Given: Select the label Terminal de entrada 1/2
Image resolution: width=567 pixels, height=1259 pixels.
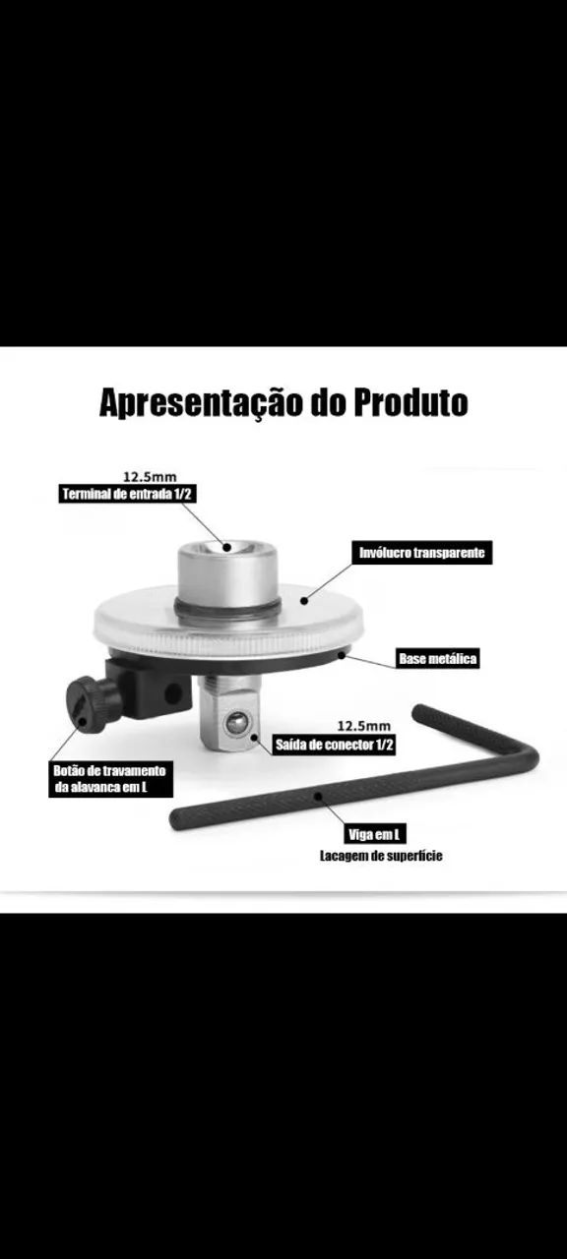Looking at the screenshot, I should pyautogui.click(x=127, y=494).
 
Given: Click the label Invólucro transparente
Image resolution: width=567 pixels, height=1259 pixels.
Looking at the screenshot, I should pyautogui.click(x=421, y=554).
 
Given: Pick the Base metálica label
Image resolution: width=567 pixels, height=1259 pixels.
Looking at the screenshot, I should pyautogui.click(x=437, y=658).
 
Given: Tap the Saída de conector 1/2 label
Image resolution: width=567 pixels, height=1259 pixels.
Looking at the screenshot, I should pyautogui.click(x=334, y=745).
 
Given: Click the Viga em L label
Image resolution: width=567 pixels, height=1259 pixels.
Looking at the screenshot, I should pyautogui.click(x=375, y=835).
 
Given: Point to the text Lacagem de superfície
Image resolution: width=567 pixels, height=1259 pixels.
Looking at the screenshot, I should pyautogui.click(x=381, y=857).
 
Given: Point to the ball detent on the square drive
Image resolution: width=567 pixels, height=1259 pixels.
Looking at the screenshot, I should pyautogui.click(x=234, y=724).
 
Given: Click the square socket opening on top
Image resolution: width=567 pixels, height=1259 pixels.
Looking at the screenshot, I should pyautogui.click(x=227, y=546).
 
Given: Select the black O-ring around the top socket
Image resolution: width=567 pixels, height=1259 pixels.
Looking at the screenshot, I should pyautogui.click(x=228, y=611).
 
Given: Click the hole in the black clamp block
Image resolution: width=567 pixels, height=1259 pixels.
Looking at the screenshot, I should pyautogui.click(x=172, y=692).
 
